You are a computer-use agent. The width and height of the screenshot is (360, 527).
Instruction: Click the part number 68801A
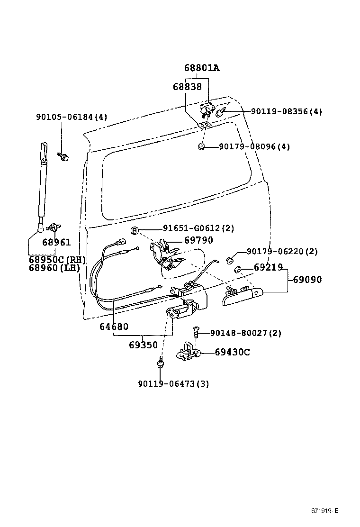point(202,68)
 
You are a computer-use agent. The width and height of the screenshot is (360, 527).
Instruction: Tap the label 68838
point(187,87)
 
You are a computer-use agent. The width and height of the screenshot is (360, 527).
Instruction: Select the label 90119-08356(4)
point(286,111)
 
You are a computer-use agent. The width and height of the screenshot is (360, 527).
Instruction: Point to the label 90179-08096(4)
point(254,146)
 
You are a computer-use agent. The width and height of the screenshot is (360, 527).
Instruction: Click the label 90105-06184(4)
point(72,117)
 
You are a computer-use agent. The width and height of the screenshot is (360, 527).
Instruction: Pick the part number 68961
point(56,242)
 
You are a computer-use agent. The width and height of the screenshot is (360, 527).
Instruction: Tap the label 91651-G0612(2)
point(198,228)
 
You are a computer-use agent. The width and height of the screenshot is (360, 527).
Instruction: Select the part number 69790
point(198,240)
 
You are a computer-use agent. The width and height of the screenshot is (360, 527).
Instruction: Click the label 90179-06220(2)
point(282,252)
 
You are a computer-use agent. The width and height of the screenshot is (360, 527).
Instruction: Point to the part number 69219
point(268,268)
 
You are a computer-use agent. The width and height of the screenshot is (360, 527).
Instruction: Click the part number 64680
point(114,327)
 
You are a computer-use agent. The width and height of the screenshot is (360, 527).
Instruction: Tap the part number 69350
point(143,345)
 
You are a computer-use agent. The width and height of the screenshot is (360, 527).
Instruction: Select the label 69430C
point(232,352)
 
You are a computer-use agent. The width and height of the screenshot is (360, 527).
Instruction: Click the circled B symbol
point(135,230)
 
